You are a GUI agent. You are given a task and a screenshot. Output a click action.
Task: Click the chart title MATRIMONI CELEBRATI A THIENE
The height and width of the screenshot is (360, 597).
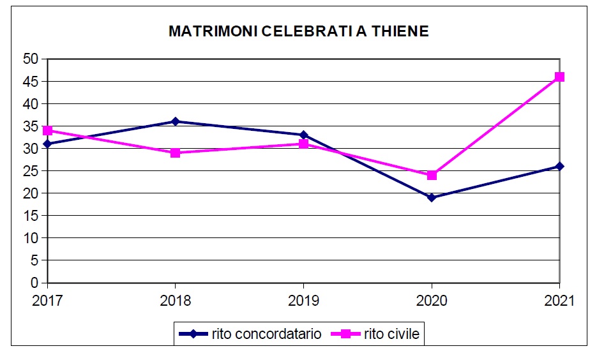coord(298,31)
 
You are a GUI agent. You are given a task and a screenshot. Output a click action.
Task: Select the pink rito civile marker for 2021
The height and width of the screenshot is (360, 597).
coord(559,77)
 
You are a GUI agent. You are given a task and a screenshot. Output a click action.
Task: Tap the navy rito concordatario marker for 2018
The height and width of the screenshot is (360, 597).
coord(175,121)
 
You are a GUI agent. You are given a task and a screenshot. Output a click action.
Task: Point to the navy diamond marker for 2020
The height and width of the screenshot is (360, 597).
coord(432,197)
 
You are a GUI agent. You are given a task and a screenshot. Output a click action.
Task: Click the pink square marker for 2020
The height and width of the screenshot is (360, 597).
coord(432,175)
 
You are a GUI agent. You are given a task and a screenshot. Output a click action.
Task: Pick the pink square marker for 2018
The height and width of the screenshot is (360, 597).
coord(175,153)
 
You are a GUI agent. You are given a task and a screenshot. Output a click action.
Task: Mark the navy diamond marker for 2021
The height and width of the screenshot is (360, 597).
coord(559,166)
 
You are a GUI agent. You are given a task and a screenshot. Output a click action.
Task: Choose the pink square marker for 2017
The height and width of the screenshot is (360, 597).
coord(47,130)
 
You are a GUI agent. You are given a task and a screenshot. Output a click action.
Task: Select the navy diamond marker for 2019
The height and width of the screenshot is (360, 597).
coord(303,135)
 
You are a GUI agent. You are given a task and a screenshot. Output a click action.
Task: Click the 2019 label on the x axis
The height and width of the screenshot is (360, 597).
coord(303,300)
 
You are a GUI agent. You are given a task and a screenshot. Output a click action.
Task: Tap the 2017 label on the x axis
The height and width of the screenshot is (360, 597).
coord(45,300)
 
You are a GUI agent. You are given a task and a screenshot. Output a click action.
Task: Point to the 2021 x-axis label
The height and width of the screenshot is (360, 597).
coord(560,300)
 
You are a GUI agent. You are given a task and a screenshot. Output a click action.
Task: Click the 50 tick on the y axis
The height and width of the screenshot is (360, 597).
coord(31,59)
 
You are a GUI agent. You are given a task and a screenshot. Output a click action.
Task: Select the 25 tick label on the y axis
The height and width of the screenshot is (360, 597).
coord(31,171)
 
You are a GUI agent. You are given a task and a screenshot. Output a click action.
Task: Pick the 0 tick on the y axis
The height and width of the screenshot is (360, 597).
coord(35,283)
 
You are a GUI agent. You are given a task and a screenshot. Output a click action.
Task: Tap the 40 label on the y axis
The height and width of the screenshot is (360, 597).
coord(31,104)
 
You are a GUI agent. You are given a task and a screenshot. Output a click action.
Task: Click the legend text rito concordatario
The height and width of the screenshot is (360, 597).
coord(266,333)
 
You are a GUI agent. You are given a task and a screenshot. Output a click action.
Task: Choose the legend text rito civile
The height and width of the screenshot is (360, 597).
coord(392,333)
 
